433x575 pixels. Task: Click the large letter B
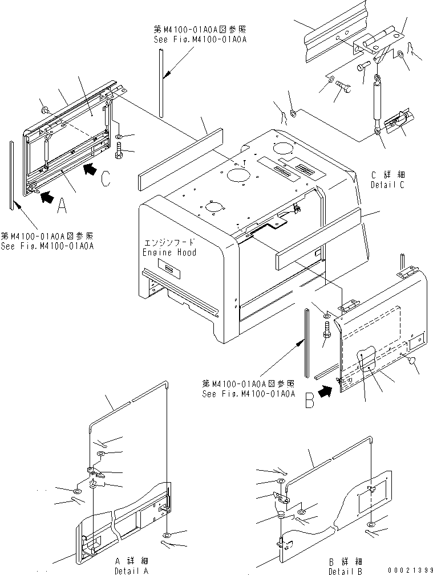tap(309, 402)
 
